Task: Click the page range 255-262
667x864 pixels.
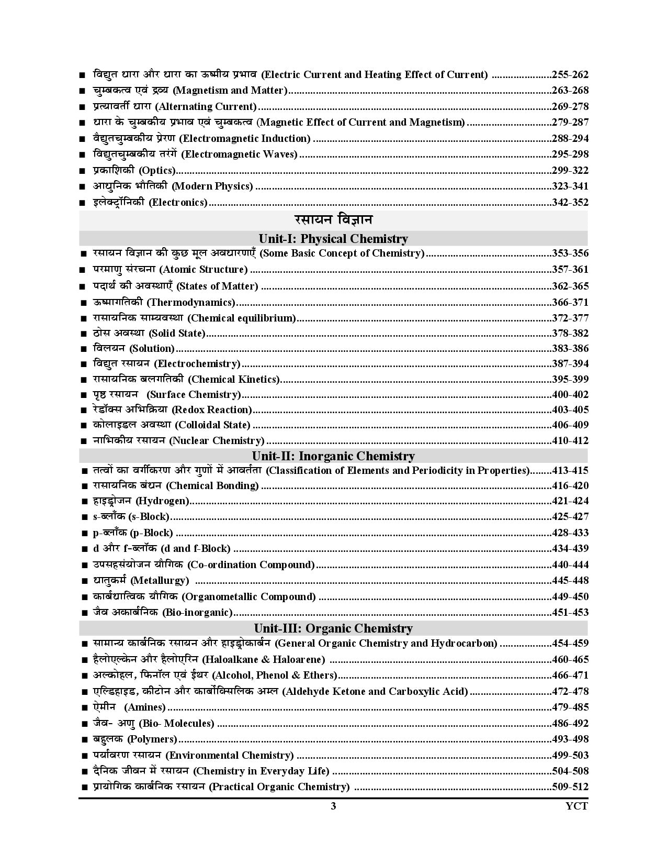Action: pyautogui.click(x=570, y=74)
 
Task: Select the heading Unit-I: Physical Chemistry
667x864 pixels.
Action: pyautogui.click(x=333, y=239)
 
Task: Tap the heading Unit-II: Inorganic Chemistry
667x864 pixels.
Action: pyautogui.click(x=333, y=456)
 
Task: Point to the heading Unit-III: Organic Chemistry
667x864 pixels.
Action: pyautogui.click(x=333, y=628)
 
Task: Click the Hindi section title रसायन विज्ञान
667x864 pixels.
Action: pyautogui.click(x=333, y=219)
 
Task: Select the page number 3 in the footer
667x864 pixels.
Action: pyautogui.click(x=333, y=806)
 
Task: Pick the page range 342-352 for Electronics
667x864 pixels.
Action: pyautogui.click(x=570, y=202)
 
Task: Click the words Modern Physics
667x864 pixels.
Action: pyautogui.click(x=212, y=186)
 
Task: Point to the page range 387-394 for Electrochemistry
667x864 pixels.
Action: pyautogui.click(x=570, y=363)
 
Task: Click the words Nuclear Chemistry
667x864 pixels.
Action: pyautogui.click(x=217, y=440)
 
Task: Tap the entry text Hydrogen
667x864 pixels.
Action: pyautogui.click(x=162, y=501)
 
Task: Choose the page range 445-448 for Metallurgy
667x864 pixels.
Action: pyautogui.click(x=570, y=580)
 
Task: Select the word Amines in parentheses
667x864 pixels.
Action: pyautogui.click(x=146, y=707)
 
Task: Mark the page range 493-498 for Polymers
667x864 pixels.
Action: pyautogui.click(x=570, y=739)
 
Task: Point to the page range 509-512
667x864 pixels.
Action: pyautogui.click(x=570, y=787)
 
